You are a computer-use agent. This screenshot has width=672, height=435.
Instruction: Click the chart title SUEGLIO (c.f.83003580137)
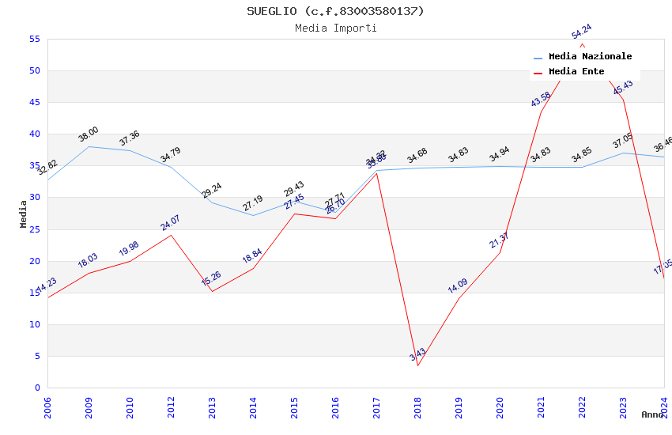(x=335, y=11)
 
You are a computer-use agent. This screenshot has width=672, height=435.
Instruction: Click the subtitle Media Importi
(x=335, y=28)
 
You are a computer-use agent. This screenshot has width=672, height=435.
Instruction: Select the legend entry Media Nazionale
(x=590, y=56)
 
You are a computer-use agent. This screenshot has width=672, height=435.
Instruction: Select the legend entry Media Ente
(x=576, y=71)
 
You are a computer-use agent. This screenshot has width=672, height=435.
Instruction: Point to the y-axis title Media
(x=23, y=214)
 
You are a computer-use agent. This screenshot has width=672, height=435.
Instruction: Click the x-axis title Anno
(x=652, y=414)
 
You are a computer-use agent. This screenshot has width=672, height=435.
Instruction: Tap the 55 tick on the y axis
(x=34, y=39)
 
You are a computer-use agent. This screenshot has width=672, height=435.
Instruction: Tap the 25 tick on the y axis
(x=34, y=229)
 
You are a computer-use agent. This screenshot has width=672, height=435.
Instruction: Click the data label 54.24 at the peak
(x=581, y=32)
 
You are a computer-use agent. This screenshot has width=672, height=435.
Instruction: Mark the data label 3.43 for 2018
(x=417, y=354)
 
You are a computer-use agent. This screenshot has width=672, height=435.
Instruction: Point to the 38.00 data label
(x=88, y=134)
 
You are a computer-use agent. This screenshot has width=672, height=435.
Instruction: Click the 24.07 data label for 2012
(x=170, y=222)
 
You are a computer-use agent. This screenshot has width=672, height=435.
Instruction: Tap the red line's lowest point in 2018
(x=417, y=365)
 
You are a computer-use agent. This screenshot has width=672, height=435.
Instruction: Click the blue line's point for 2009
(x=89, y=146)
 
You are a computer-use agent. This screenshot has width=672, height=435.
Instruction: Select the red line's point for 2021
(x=541, y=112)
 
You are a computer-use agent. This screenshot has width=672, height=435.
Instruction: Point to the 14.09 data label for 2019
(x=458, y=286)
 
